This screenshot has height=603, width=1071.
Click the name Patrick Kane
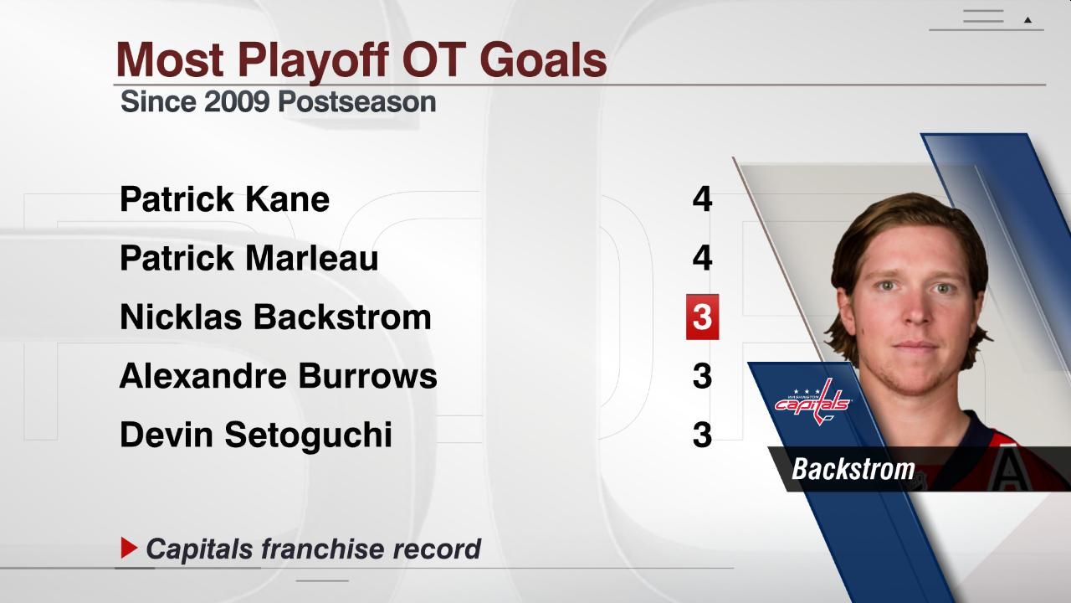pyautogui.click(x=224, y=199)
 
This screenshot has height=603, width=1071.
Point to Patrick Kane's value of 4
pyautogui.click(x=702, y=199)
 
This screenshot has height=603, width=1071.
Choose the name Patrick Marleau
pyautogui.click(x=249, y=258)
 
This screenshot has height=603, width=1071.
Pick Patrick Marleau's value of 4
pyautogui.click(x=702, y=258)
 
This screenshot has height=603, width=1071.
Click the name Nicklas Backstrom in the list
pyautogui.click(x=275, y=317)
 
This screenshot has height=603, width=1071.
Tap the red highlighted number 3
pyautogui.click(x=702, y=317)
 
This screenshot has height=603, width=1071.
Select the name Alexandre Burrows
pyautogui.click(x=278, y=376)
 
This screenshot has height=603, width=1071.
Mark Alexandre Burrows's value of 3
pyautogui.click(x=702, y=376)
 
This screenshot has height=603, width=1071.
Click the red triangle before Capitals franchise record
pyautogui.click(x=129, y=549)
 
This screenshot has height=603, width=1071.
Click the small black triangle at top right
pyautogui.click(x=1027, y=20)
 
